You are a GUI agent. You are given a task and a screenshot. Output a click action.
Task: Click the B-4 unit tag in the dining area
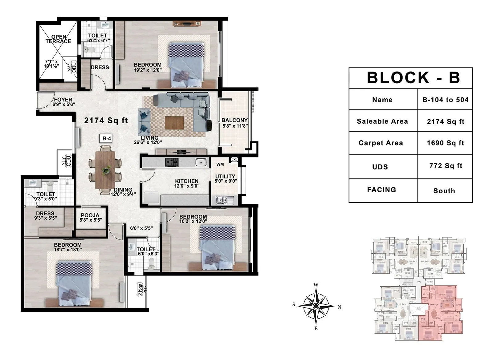(x=107, y=139)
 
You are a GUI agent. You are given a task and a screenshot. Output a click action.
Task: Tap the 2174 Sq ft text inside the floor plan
(x=106, y=121)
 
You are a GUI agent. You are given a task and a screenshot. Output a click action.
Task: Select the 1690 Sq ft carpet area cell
(x=445, y=143)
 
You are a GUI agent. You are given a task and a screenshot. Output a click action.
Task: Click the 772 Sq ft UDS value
(x=446, y=166)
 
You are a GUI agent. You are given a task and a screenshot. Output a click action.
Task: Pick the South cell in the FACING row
(x=444, y=191)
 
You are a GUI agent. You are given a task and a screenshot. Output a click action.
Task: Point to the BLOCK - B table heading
(x=413, y=78)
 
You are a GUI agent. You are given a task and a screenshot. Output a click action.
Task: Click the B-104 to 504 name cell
(x=445, y=100)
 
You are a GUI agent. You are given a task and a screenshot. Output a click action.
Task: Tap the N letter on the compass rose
(x=339, y=307)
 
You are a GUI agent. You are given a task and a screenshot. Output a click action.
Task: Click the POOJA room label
(x=90, y=215)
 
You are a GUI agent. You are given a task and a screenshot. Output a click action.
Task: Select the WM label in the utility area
(x=220, y=164)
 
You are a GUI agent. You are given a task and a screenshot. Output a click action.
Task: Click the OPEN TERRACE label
(x=58, y=39)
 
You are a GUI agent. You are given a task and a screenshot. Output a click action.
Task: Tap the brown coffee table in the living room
(x=174, y=122)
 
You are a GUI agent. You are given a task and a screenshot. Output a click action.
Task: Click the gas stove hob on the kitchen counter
(x=172, y=162)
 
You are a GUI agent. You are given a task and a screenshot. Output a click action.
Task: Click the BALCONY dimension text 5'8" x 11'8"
(x=235, y=126)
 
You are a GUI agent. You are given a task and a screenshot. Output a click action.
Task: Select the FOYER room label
(x=63, y=100)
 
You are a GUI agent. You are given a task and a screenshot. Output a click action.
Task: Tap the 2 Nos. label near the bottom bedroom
(x=141, y=289)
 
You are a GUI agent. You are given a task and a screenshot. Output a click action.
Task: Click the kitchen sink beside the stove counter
(x=201, y=162)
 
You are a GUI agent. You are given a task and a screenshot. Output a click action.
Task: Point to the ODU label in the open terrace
(x=74, y=67)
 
